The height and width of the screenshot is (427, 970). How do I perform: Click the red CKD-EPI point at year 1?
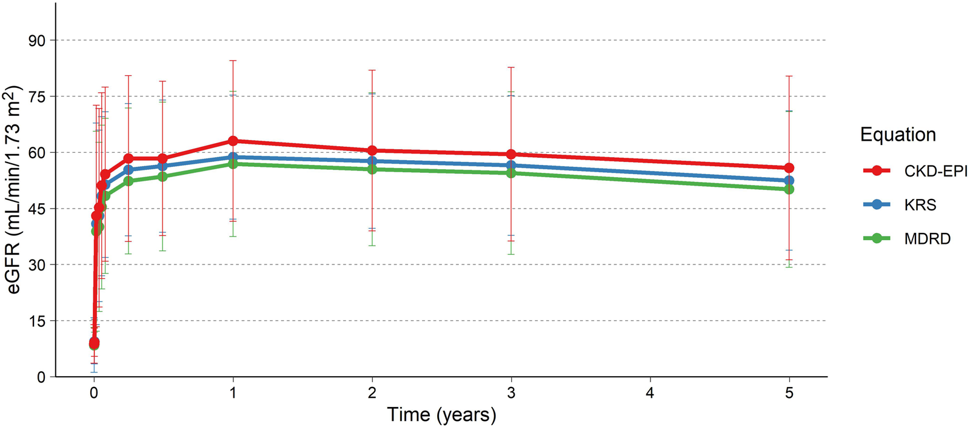point(233,141)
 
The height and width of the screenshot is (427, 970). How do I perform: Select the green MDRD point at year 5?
point(789,189)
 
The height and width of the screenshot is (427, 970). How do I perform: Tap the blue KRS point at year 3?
point(511,165)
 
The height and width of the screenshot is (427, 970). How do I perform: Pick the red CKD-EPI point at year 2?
point(372,150)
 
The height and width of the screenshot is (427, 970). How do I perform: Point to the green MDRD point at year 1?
point(233,164)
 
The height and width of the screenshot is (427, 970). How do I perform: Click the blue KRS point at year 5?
point(789,181)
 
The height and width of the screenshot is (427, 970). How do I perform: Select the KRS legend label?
point(920,205)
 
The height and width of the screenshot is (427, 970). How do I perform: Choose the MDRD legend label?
point(927,239)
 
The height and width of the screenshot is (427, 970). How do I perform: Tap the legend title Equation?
point(898,135)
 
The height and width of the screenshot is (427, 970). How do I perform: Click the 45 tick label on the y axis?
point(37,209)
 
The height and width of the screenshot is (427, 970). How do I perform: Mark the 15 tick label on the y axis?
point(37,321)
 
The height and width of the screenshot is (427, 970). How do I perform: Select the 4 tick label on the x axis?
point(650,393)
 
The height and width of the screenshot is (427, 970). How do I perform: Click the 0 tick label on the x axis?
point(94,393)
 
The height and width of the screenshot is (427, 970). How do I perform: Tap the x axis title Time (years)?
point(441,415)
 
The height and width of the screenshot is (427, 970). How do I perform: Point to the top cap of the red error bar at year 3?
point(511,67)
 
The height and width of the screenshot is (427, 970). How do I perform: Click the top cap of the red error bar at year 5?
point(789,76)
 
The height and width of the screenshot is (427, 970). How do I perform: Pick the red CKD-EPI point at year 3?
point(511,154)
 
